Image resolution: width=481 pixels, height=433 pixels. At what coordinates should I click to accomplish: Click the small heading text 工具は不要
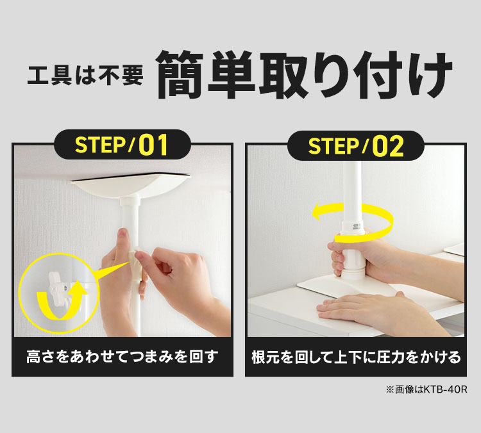click(85, 76)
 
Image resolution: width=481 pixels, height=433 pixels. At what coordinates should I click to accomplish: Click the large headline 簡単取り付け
click(305, 75)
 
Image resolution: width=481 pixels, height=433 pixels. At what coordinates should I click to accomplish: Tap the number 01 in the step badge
click(153, 145)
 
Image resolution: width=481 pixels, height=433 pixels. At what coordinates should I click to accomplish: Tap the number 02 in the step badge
click(388, 146)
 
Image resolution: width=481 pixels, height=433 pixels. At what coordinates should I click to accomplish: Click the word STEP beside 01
click(100, 145)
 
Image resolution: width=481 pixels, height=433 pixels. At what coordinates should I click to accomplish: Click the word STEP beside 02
click(333, 147)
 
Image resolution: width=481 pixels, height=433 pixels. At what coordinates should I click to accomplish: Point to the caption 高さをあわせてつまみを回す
click(122, 357)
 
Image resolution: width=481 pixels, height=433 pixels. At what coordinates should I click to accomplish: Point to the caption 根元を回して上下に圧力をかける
click(356, 357)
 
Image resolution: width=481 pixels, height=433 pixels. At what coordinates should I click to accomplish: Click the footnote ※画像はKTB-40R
click(426, 389)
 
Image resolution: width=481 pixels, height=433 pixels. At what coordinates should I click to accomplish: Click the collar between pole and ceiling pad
click(131, 202)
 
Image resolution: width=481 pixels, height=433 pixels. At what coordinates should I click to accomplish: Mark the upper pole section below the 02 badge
click(353, 190)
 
